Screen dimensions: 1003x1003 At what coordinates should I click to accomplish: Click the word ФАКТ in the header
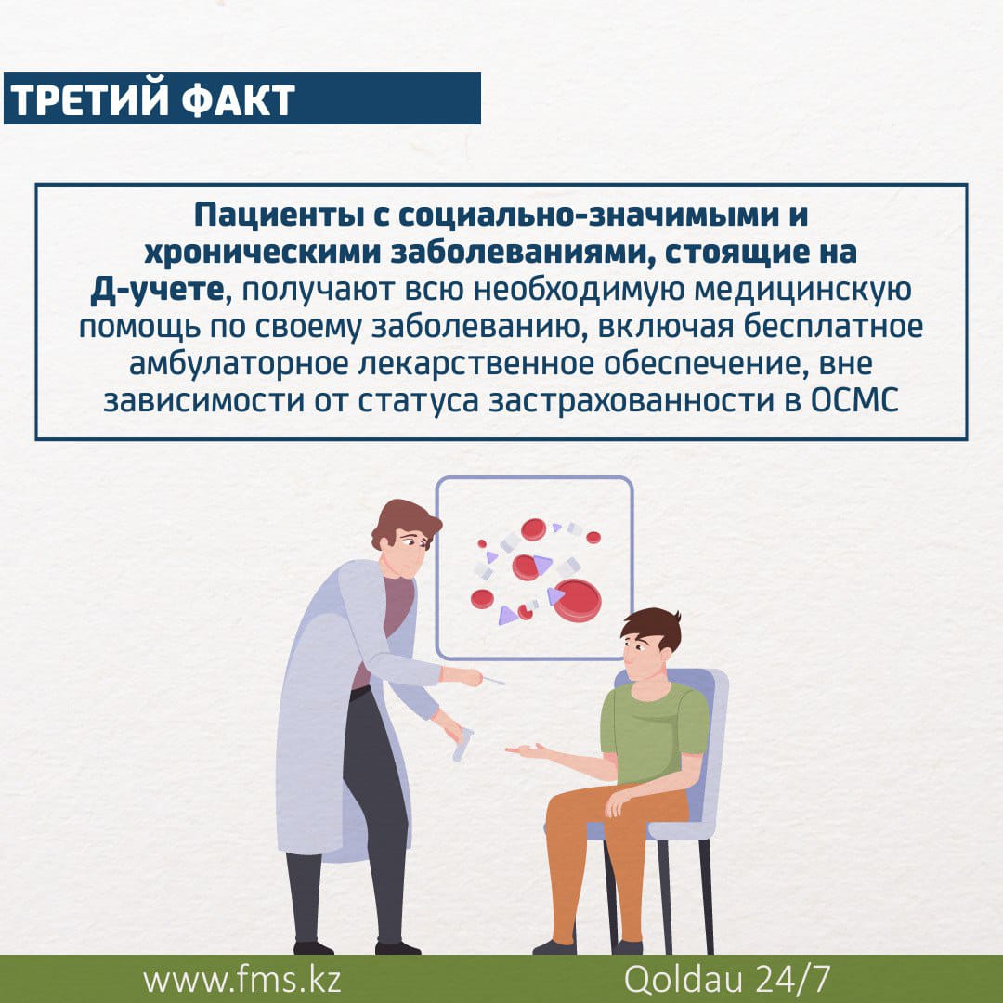tap(238, 99)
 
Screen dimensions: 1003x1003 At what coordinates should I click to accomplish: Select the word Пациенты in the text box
tap(280, 215)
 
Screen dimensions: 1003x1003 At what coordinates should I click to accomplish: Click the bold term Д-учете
tap(157, 290)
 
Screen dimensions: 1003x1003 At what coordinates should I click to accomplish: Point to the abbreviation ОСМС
tap(854, 401)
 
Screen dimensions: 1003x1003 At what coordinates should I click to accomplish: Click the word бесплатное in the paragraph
tap(833, 326)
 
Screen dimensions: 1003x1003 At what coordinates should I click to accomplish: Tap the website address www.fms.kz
tap(241, 980)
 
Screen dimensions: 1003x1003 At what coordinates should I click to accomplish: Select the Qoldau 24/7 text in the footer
tap(726, 979)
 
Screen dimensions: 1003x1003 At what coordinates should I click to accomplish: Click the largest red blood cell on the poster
tap(577, 600)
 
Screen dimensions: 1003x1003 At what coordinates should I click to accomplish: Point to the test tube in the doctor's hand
tap(462, 744)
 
